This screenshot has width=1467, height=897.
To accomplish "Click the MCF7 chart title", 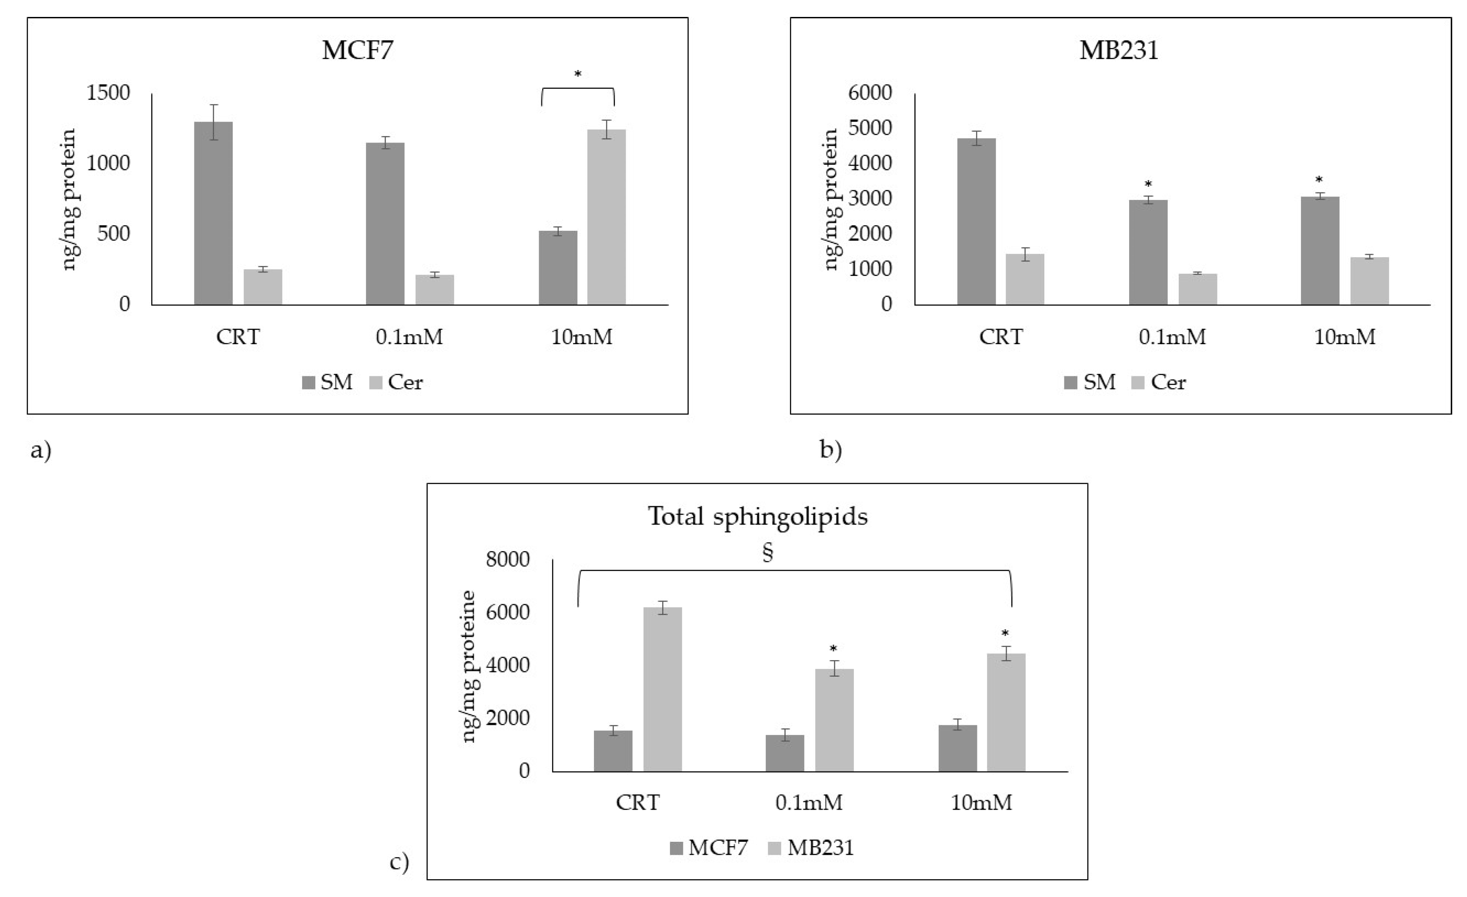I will coord(357,50).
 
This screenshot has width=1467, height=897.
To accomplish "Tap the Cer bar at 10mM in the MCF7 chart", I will coord(606,217).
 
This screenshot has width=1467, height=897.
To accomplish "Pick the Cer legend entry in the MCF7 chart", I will coord(396,382).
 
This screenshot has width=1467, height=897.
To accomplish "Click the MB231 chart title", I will coord(1119,50).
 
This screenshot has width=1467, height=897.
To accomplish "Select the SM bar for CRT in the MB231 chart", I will coord(977,221).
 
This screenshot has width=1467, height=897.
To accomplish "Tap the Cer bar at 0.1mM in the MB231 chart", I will coord(1197,289).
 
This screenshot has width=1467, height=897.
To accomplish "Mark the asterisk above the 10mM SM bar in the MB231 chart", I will coord(1319,180).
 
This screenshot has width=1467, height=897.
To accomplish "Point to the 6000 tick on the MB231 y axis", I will coord(870,93).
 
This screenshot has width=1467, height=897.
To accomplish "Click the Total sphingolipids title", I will coord(757,516).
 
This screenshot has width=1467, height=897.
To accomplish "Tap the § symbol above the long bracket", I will coord(768,553).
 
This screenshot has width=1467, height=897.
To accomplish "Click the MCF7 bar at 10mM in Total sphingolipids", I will coord(957,748).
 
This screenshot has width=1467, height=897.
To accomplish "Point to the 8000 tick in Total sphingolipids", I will coord(507,559).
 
